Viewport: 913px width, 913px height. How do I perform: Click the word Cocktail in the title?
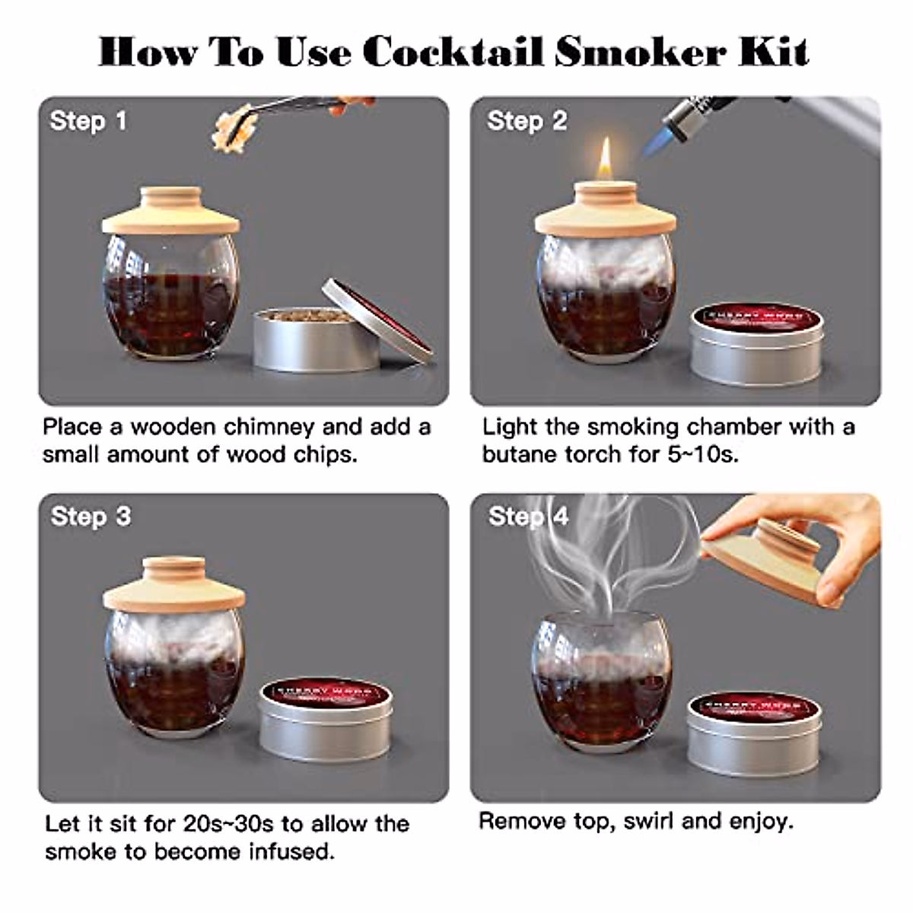[x=453, y=52]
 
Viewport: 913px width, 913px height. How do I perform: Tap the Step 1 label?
[x=88, y=121]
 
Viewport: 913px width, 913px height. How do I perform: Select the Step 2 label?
[x=527, y=121]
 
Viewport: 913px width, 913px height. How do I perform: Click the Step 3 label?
[x=91, y=517]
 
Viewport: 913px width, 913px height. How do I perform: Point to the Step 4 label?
[x=529, y=517]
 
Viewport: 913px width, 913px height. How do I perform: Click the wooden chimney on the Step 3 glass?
[x=174, y=586]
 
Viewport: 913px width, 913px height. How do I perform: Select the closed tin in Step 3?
[x=326, y=719]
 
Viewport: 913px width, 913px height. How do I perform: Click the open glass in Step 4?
[x=601, y=677]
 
